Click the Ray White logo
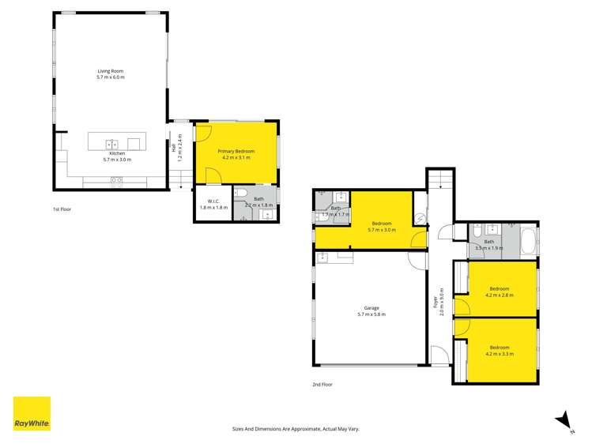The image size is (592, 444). (x=32, y=413)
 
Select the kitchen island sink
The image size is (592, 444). (x=112, y=144)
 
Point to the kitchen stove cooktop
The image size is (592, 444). (x=115, y=180)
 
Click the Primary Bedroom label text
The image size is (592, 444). (x=236, y=151)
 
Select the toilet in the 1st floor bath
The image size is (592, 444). (x=241, y=192)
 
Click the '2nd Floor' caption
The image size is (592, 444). (x=322, y=384)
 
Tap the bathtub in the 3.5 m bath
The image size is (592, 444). (x=529, y=240)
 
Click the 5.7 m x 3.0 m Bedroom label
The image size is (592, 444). (x=383, y=226)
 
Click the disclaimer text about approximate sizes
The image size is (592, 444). (x=296, y=428)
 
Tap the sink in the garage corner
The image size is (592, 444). (x=323, y=257)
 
